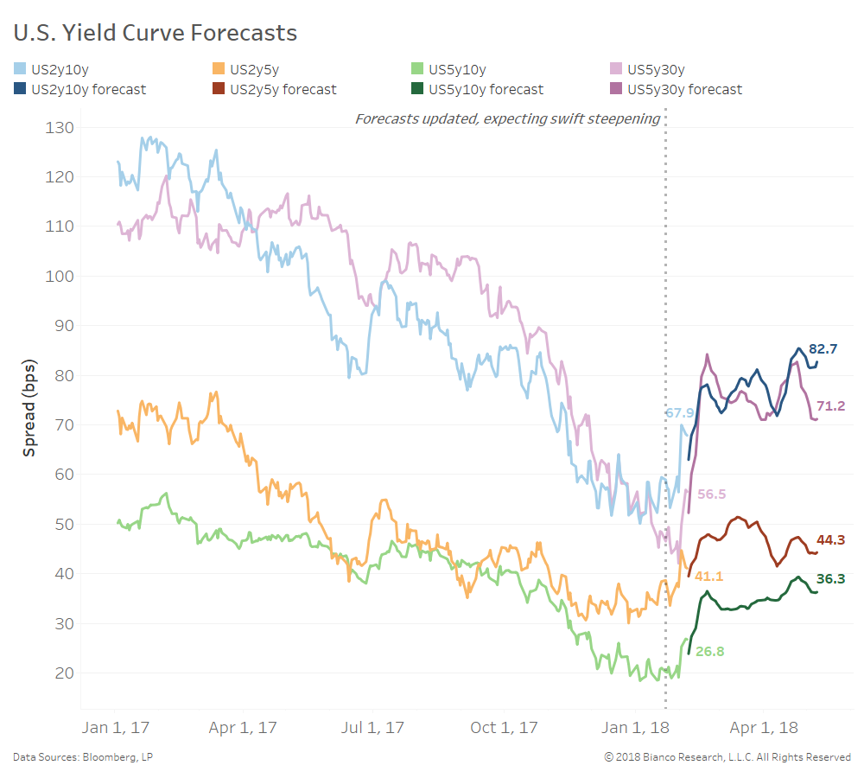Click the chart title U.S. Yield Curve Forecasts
pos(156,33)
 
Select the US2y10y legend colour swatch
pos(19,67)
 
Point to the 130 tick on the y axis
pos(59,128)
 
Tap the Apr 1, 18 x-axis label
pos(765,728)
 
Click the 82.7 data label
pos(823,349)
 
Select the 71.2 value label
pos(830,405)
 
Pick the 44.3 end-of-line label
pos(830,540)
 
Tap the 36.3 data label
pos(830,579)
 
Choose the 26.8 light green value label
pos(709,652)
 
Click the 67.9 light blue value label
pos(679,413)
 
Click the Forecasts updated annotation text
pos(508,118)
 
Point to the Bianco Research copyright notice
pos(727,757)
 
